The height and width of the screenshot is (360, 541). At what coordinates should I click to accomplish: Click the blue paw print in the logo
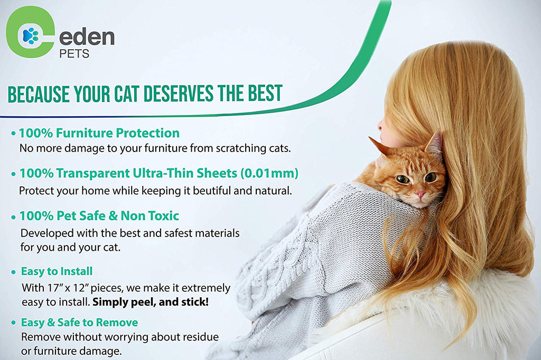point(30,35)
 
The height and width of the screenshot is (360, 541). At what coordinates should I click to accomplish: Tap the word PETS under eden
point(74,54)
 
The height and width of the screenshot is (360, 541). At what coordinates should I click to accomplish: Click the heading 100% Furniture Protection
point(99,133)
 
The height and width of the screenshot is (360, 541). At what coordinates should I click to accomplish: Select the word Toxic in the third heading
point(164,216)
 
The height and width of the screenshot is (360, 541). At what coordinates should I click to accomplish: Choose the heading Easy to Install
point(57,271)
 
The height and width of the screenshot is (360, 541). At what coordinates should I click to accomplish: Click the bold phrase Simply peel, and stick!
point(151,302)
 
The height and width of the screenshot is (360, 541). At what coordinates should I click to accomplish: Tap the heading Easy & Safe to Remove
point(79,323)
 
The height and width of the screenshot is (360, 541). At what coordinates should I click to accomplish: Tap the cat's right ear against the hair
point(434,143)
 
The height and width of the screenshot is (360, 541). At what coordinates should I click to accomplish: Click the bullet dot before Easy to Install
point(13,272)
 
